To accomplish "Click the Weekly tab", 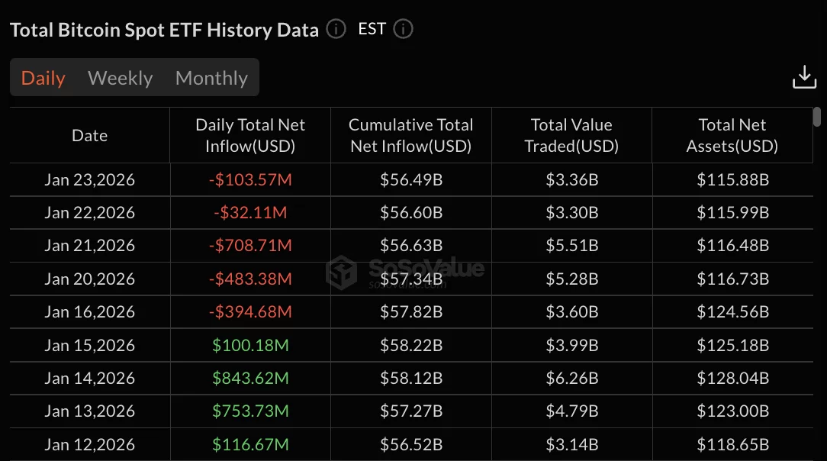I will click(121, 78).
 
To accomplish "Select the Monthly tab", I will click(211, 78).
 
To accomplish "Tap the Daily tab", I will click(43, 78).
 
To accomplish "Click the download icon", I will click(804, 77).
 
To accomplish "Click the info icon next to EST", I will click(403, 29).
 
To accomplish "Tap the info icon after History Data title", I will click(336, 29).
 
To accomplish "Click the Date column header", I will click(89, 135).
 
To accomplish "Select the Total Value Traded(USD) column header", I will click(571, 135).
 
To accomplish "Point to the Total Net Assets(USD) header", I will click(732, 135).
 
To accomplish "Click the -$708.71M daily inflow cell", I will click(250, 246).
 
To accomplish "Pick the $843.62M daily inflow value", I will click(250, 378).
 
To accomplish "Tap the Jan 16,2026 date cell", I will click(89, 312).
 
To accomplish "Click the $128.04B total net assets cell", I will click(732, 378).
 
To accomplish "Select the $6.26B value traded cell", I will click(571, 378).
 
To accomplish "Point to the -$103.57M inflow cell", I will click(250, 180).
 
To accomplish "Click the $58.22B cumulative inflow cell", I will click(411, 345).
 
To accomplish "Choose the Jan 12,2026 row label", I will click(89, 444).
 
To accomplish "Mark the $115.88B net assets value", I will click(732, 180).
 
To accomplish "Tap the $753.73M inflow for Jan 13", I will click(250, 411).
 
